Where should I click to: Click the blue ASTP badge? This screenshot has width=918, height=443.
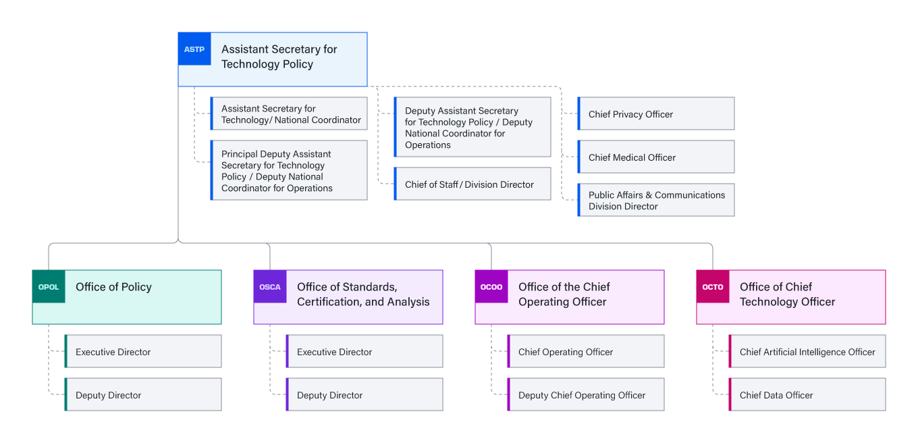point(194,49)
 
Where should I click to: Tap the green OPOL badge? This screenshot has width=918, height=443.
point(49,287)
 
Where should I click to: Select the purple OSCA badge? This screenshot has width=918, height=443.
point(270,287)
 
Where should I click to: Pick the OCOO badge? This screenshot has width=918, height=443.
point(491,287)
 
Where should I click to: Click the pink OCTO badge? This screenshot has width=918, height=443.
point(713,287)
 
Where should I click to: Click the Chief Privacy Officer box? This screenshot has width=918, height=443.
point(656,114)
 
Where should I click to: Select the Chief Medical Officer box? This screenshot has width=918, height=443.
point(656,157)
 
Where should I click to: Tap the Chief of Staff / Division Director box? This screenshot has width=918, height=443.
point(473,184)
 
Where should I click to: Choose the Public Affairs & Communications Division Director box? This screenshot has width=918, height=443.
point(656,201)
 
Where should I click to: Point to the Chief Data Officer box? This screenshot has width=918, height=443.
point(807,395)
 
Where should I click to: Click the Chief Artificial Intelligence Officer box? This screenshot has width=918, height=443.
point(807,352)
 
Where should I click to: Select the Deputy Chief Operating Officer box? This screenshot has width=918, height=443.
point(586,395)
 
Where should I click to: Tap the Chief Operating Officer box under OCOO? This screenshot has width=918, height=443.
point(586,352)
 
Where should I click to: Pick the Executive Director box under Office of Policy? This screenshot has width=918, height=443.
point(143,352)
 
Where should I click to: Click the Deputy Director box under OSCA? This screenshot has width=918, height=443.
point(364,395)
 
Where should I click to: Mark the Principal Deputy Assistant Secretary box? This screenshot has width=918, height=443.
point(289,171)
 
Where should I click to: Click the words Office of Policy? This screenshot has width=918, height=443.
point(113,287)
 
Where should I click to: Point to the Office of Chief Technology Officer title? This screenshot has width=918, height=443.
point(787,294)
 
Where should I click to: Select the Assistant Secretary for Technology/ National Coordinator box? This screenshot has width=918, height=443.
point(289,114)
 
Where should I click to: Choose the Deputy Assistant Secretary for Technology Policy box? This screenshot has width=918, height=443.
point(473,128)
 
